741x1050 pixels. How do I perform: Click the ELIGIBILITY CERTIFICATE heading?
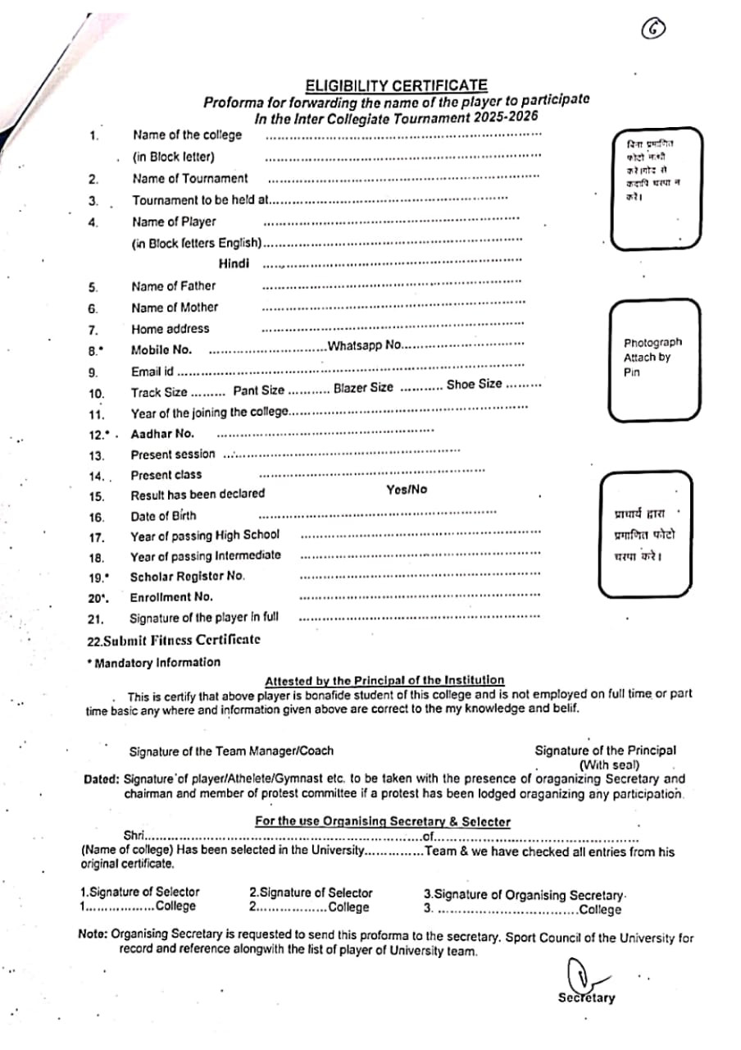pos(396,85)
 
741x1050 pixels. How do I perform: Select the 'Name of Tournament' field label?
pos(189,178)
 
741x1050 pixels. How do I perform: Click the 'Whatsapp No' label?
pos(364,345)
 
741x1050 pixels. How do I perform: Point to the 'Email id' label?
pos(152,372)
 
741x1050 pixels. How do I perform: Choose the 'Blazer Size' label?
pos(363,387)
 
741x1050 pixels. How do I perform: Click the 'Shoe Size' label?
pos(474,384)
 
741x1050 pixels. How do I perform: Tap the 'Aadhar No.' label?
pos(162,434)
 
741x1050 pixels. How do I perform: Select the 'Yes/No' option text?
pos(407,490)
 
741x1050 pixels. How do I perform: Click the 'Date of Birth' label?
pos(163,516)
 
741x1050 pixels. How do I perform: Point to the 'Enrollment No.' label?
pos(170,597)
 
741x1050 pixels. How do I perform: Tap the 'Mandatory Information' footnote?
pos(156,662)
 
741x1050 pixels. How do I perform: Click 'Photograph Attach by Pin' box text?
pos(652,358)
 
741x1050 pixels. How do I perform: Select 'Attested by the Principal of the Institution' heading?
pos(384,680)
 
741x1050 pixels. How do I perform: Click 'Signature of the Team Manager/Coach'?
pos(231,751)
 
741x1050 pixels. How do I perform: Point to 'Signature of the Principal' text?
pos(605,750)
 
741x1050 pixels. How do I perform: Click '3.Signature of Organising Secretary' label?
pos(525,895)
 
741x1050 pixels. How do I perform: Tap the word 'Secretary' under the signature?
pos(586,998)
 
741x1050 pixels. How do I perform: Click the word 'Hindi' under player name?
pos(234,263)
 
